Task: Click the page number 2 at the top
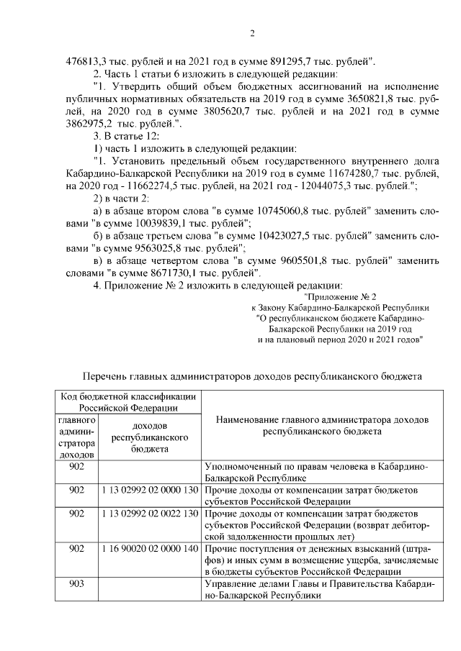point(252,32)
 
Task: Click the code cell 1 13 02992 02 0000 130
point(150,490)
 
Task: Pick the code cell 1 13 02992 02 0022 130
point(150,515)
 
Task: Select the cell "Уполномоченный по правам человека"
point(316,471)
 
